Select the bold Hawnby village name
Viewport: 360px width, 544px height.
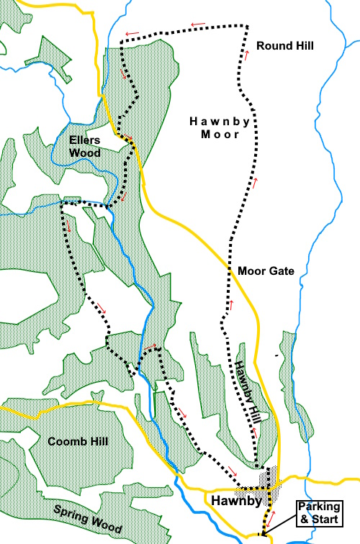[x=231, y=499]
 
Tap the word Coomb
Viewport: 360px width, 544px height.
[x=63, y=440]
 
